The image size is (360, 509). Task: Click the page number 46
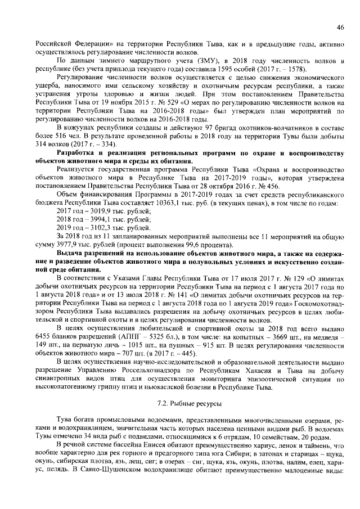tap(340, 27)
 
